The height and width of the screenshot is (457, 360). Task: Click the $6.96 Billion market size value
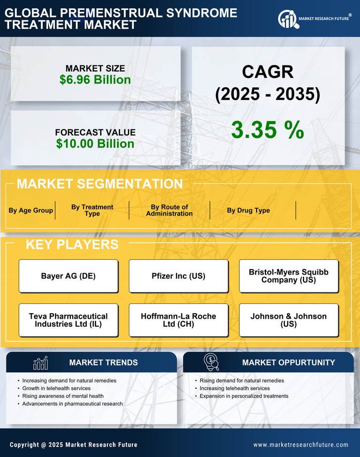[95, 80]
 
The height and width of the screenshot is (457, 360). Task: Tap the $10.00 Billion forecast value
[95, 144]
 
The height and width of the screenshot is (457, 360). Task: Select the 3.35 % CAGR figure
[267, 130]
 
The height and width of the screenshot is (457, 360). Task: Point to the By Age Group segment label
[31, 210]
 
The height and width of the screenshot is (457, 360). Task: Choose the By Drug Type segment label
[249, 210]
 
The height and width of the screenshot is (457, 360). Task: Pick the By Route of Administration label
[169, 210]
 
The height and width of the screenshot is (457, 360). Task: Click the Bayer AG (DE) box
[68, 276]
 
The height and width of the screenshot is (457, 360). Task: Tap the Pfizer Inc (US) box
[178, 276]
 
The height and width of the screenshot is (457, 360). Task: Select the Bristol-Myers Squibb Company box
[289, 276]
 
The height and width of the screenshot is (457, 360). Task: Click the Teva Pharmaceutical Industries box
[68, 320]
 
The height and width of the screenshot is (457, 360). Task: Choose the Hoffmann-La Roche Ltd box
[178, 320]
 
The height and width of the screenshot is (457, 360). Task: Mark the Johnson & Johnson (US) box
[289, 320]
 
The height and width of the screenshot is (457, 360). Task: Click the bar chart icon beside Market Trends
[41, 363]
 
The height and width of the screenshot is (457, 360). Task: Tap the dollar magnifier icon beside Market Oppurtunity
[211, 362]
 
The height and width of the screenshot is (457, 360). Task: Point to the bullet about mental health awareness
[63, 396]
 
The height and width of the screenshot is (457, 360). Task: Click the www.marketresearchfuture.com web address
[301, 445]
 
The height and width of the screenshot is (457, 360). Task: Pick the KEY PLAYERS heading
[72, 244]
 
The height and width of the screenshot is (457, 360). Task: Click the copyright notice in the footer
[73, 445]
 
